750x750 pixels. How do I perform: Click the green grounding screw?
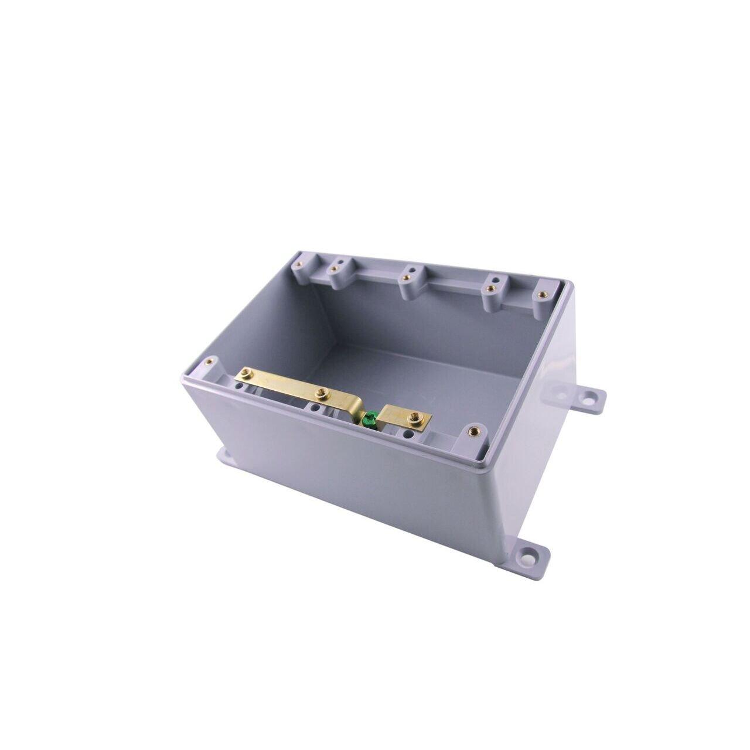click(x=369, y=418)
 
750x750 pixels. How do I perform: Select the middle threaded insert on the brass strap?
click(x=319, y=394)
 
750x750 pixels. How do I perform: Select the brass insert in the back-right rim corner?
click(x=543, y=294)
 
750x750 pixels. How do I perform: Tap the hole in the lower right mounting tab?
click(x=532, y=552)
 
